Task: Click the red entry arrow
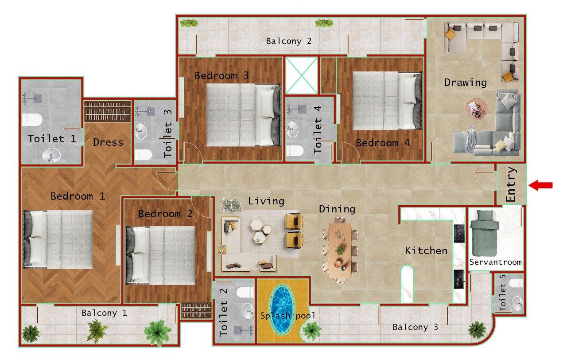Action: [541, 185]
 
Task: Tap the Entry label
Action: [511, 185]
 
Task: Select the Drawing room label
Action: [465, 82]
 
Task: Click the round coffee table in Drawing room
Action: [476, 109]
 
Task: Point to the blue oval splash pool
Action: [280, 309]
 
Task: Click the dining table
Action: [340, 250]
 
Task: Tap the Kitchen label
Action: [426, 251]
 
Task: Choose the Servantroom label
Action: [495, 262]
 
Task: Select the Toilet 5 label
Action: [502, 293]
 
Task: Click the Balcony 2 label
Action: [289, 41]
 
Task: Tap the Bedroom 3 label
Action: [221, 76]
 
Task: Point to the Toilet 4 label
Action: [318, 130]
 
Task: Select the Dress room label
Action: [108, 142]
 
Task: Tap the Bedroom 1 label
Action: [78, 196]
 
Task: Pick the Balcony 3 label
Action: [416, 327]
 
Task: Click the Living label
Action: [266, 201]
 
